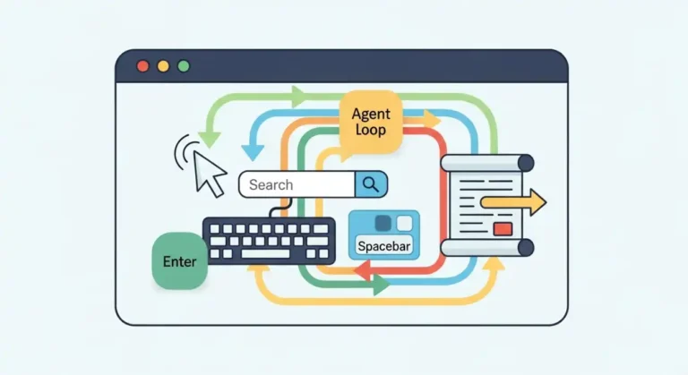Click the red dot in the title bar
point(142,65)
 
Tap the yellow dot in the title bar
point(163,65)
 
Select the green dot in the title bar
point(184,65)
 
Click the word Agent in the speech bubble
point(370,115)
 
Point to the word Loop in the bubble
point(370,131)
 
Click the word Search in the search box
point(271,184)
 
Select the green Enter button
point(179,262)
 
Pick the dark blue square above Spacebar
point(383,223)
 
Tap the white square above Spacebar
point(404,223)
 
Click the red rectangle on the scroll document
point(502,229)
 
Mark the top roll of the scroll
point(488,162)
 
